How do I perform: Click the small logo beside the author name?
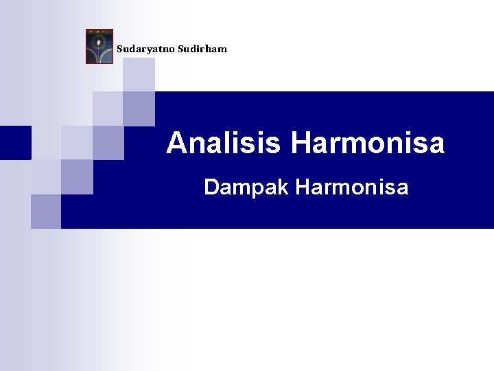click(x=99, y=47)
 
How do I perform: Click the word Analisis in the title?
click(x=225, y=144)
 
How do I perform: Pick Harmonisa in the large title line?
click(x=368, y=144)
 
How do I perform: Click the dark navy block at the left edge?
click(x=15, y=142)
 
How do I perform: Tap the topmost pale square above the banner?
click(x=139, y=75)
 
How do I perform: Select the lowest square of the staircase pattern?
click(x=45, y=211)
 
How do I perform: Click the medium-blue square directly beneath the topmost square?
click(x=139, y=109)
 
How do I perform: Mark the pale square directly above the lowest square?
click(x=45, y=177)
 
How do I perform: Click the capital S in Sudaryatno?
click(x=119, y=49)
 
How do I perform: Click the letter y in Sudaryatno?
click(x=148, y=50)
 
